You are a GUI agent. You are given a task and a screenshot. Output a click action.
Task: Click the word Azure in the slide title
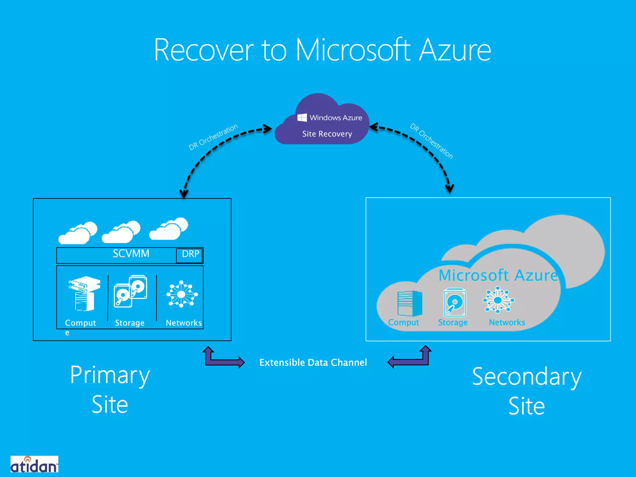tap(455, 50)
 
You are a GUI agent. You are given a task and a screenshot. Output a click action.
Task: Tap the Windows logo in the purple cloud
tap(302, 117)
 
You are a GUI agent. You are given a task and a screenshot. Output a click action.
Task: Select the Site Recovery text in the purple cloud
tap(327, 134)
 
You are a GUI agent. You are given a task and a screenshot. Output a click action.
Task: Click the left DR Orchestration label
tap(213, 137)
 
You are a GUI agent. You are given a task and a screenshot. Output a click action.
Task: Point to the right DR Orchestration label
tap(431, 141)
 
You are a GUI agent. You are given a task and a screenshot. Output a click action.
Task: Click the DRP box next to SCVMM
tap(190, 255)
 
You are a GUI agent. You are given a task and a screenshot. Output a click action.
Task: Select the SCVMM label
tap(131, 254)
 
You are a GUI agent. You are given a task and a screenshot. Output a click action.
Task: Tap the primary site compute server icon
tap(84, 293)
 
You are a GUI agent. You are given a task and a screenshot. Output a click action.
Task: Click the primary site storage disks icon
tap(130, 291)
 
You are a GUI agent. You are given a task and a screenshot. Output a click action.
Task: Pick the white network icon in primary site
tap(182, 294)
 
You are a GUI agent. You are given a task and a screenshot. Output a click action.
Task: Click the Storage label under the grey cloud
tap(452, 323)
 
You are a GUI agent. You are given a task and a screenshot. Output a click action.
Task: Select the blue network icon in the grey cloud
tap(498, 300)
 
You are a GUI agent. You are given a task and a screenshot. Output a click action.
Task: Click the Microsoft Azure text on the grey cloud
tap(498, 275)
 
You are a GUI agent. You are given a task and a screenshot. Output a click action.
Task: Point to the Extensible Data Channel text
tap(313, 362)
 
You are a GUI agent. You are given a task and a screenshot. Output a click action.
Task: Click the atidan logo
tap(34, 465)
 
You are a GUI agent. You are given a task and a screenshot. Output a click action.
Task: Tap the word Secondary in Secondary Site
tap(526, 377)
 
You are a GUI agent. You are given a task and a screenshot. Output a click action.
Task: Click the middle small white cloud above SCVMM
tap(121, 232)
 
